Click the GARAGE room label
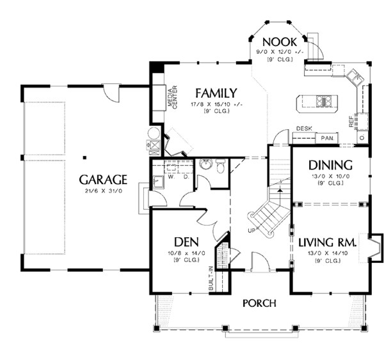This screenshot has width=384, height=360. coord(103,179)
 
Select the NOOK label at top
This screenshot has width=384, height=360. coord(280,42)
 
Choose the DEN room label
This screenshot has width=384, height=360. coord(186,242)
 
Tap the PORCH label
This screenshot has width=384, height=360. coord(259,302)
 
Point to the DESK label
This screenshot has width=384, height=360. coord(303,129)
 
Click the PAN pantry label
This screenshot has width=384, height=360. coord(326,137)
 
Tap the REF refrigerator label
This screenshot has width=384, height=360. coord(351,121)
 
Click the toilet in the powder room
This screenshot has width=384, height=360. coord(220,168)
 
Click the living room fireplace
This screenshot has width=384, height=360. coord(374,246)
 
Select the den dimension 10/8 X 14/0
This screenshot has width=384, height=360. coord(186,254)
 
